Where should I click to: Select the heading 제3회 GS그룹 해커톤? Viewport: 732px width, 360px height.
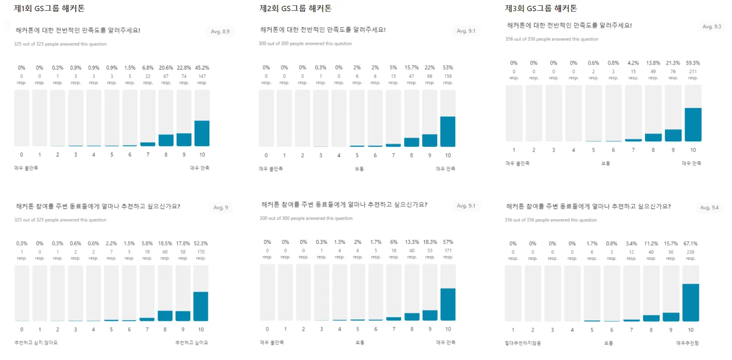tap(541, 8)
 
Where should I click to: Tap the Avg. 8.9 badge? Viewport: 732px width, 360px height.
tap(220, 32)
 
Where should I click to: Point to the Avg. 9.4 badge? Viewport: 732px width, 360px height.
tap(709, 207)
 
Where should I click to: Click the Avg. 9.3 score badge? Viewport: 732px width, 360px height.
tap(712, 27)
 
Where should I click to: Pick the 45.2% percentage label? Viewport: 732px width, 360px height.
tap(202, 68)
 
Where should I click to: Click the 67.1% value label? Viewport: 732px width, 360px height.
tap(691, 243)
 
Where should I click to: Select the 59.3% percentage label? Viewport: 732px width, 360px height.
tap(693, 63)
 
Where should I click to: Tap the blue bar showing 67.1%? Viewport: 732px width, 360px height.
tap(691, 302)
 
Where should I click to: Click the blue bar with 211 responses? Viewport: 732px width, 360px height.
tap(693, 124)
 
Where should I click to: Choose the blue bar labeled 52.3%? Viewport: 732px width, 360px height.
tap(201, 306)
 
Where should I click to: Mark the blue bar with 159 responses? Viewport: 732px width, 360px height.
tap(448, 131)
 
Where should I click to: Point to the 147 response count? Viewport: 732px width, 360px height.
tap(202, 76)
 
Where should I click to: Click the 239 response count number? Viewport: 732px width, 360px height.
tap(691, 252)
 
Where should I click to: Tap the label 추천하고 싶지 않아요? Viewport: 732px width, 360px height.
tap(36, 343)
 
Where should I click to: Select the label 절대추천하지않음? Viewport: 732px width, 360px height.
tap(523, 343)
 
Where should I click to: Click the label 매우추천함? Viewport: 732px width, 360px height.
tap(687, 343)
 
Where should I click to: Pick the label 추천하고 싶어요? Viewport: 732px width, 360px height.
tap(191, 343)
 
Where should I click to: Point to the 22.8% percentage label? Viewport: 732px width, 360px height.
tap(184, 68)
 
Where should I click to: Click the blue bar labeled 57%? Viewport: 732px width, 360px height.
tap(448, 304)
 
